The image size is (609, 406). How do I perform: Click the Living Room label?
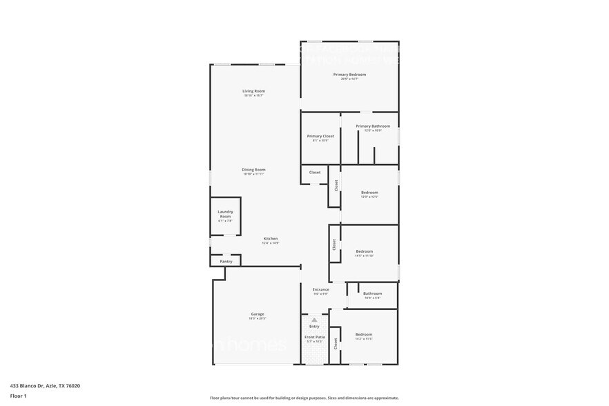(x=253, y=91)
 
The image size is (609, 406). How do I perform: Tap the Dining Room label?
(x=253, y=170)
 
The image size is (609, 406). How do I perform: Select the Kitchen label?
(x=270, y=239)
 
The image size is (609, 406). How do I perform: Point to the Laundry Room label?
(x=225, y=214)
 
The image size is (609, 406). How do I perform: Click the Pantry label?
(x=226, y=262)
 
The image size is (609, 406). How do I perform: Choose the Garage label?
(x=257, y=314)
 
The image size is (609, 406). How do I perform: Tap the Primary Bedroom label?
(x=349, y=75)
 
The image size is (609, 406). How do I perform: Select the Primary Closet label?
(x=320, y=136)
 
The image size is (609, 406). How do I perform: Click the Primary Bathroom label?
(x=373, y=126)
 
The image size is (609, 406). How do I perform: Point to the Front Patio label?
(x=315, y=337)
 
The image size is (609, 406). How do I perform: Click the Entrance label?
(x=320, y=289)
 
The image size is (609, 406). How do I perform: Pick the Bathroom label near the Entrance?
(x=372, y=293)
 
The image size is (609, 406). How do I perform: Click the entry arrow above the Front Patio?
(x=314, y=320)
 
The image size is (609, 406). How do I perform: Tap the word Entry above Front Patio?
(x=314, y=327)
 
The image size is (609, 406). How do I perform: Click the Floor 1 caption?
(x=18, y=396)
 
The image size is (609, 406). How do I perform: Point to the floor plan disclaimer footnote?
(x=304, y=398)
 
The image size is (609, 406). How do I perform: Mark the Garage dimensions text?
(x=257, y=318)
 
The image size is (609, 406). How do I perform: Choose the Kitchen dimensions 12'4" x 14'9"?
(x=270, y=243)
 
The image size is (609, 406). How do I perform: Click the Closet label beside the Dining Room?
(x=315, y=173)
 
